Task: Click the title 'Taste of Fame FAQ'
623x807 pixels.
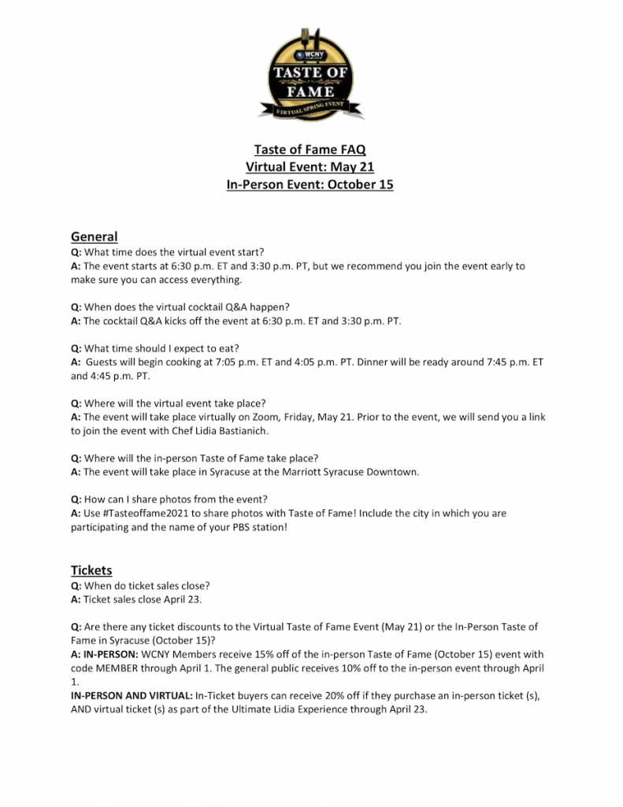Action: [310, 149]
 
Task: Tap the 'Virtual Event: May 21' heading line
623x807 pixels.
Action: [310, 167]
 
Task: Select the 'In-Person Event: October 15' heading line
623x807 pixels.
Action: [310, 185]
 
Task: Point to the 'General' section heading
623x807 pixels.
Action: [94, 236]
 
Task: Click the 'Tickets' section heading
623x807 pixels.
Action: [91, 570]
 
